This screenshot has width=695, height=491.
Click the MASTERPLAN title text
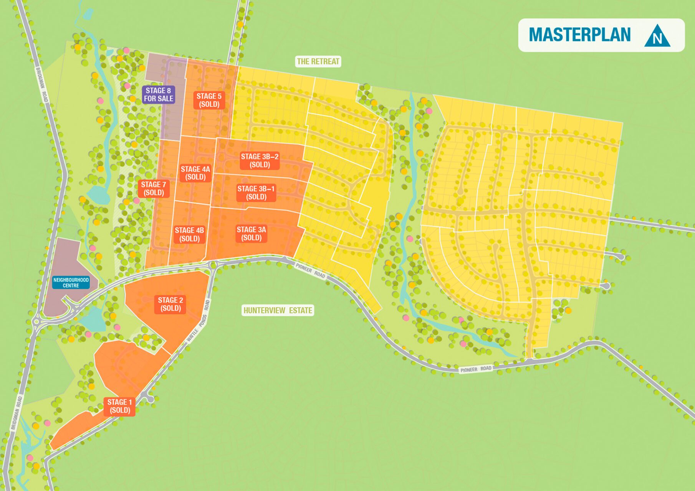click(579, 35)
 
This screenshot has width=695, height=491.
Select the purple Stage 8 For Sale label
click(159, 95)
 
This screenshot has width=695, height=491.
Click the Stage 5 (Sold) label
click(209, 100)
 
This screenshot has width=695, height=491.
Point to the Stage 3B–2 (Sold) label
click(260, 161)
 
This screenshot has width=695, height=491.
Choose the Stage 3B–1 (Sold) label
click(256, 193)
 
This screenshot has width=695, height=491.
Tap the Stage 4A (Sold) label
click(195, 173)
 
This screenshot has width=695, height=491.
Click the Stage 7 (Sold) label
click(154, 189)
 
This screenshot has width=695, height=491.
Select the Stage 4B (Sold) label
click(189, 234)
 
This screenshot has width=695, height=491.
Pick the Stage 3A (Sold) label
click(251, 234)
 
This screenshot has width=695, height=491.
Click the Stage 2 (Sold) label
click(170, 304)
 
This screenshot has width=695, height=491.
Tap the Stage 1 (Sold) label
click(119, 406)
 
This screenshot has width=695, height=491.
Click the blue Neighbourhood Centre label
click(71, 283)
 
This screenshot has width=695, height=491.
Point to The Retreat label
click(318, 61)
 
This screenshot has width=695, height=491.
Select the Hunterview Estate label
click(278, 310)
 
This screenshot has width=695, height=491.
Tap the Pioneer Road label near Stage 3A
click(310, 271)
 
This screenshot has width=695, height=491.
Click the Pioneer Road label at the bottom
click(476, 369)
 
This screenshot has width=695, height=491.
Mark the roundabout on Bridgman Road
click(36, 321)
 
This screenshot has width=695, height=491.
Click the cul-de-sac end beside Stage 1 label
click(150, 399)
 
